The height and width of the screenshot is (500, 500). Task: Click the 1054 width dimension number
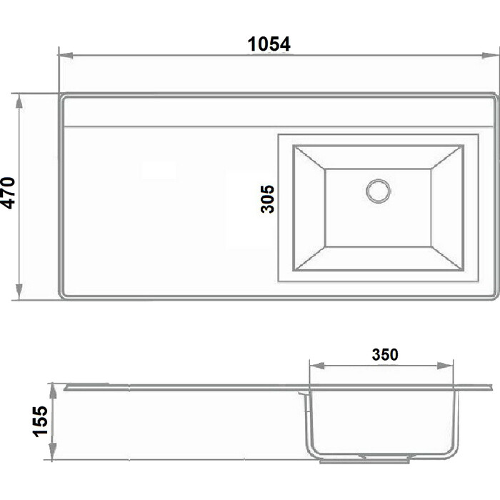(269, 44)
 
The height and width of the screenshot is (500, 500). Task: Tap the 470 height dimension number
(9, 193)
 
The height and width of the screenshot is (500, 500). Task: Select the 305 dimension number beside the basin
(267, 199)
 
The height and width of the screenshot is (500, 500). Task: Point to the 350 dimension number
(385, 354)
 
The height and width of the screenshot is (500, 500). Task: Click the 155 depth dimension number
(41, 421)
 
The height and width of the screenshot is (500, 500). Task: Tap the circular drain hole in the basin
(378, 191)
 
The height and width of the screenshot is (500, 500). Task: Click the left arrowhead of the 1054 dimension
(66, 56)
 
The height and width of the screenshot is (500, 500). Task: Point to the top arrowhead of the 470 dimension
(19, 102)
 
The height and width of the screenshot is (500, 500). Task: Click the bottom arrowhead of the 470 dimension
(19, 291)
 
